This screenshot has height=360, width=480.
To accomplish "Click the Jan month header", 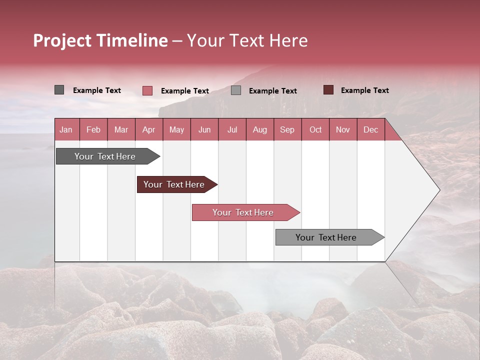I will tap(66, 129).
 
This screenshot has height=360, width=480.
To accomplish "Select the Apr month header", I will tap(149, 129).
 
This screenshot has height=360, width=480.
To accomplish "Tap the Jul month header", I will tap(232, 129).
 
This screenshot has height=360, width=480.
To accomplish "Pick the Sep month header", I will tap(287, 129).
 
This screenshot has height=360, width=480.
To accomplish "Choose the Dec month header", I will tap(370, 129).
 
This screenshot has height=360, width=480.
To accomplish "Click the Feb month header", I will tap(93, 129).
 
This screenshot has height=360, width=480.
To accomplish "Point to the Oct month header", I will tap(315, 129).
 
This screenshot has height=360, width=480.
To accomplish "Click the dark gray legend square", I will tap(59, 90).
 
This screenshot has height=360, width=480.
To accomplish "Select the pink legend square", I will tap(147, 90).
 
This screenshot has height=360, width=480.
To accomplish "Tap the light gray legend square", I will tap(236, 90).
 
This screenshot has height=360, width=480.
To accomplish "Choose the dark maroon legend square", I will tap(328, 90).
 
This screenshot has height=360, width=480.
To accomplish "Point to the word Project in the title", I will tap(62, 40).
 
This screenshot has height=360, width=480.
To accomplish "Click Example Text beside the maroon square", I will tap(364, 90).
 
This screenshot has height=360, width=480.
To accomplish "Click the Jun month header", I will tap(204, 129).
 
